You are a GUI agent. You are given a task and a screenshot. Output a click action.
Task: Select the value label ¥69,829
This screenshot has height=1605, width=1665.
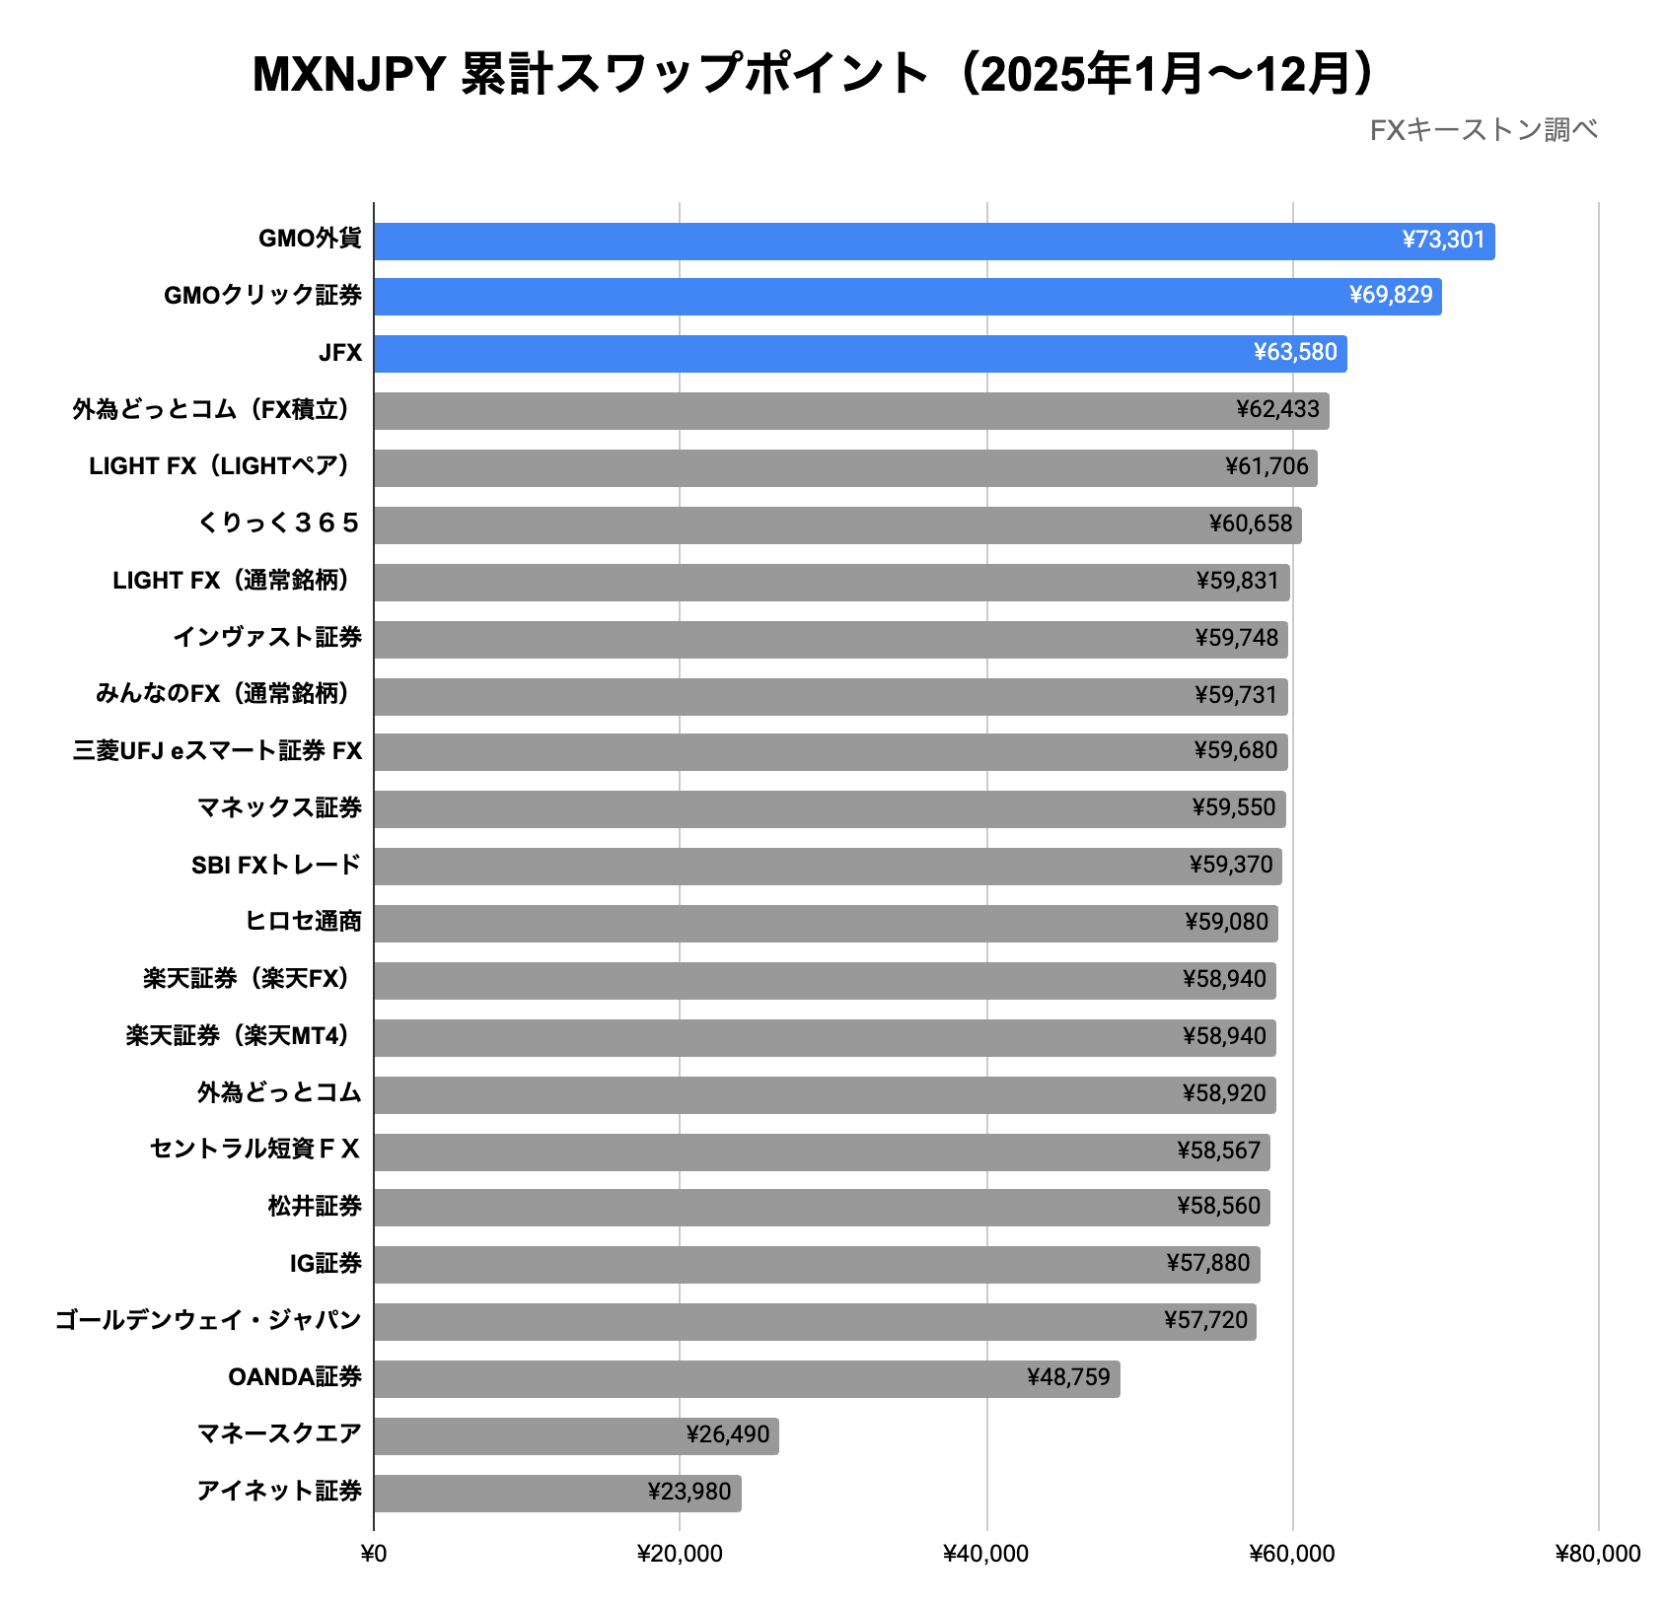pyautogui.click(x=1390, y=296)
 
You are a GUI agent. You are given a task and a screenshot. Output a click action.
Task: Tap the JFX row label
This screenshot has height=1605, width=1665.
pyautogui.click(x=340, y=353)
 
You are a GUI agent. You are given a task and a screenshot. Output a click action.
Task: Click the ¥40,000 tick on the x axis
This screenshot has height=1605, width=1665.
pyautogui.click(x=985, y=1555)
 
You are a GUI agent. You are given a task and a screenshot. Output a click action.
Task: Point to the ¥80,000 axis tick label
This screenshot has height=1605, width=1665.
pyautogui.click(x=1597, y=1555)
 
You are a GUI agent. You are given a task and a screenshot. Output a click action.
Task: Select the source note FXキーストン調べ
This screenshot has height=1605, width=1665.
pyautogui.click(x=1483, y=130)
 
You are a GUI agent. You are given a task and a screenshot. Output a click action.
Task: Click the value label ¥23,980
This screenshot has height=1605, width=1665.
pyautogui.click(x=688, y=1492)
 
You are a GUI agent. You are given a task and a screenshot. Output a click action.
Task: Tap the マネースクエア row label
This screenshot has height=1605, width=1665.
pyautogui.click(x=279, y=1433)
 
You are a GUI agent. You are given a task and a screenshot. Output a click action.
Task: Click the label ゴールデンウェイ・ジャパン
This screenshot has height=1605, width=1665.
pyautogui.click(x=208, y=1320)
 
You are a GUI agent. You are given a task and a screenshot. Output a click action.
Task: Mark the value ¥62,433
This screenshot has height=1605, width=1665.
pyautogui.click(x=1276, y=410)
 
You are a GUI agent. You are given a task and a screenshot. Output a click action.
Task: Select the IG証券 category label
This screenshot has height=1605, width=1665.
pyautogui.click(x=326, y=1264)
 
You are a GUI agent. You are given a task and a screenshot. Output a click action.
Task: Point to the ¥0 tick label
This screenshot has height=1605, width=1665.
pyautogui.click(x=374, y=1555)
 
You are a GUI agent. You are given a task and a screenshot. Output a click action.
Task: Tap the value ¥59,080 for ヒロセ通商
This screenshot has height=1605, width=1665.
pyautogui.click(x=1226, y=923)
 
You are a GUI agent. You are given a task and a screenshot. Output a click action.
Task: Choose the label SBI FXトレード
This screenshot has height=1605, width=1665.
pyautogui.click(x=276, y=866)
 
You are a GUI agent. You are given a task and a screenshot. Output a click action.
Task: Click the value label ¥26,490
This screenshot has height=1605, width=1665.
pyautogui.click(x=727, y=1434)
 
